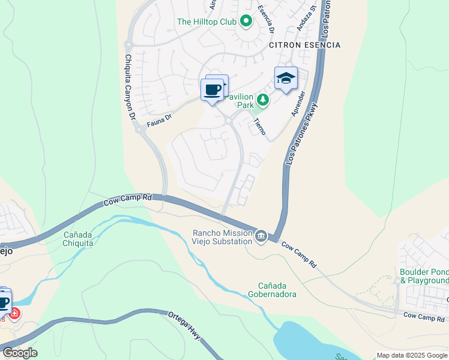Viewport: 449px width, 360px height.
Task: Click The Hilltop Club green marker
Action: tap(246, 22)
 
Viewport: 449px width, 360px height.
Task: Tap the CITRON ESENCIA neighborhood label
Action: tap(304, 45)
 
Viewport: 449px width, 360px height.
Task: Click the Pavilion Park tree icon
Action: tap(262, 99)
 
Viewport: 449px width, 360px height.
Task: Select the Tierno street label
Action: tap(259, 125)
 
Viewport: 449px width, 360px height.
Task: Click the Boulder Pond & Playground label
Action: tap(424, 276)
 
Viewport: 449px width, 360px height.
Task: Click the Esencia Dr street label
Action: tap(266, 20)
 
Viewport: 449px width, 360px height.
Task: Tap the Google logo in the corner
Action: tap(19, 353)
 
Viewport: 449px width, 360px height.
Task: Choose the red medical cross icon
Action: tap(13, 313)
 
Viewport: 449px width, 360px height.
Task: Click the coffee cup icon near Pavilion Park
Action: tap(212, 90)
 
